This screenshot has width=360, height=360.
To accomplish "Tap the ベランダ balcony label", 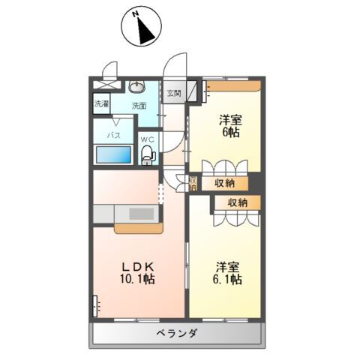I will coord(177,333).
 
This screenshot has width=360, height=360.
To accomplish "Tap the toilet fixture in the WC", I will coord(148,154).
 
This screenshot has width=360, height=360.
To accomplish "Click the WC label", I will coord(148,137).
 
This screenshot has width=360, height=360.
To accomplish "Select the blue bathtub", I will coord(114,155).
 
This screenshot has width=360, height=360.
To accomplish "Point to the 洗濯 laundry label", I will coord(101,105).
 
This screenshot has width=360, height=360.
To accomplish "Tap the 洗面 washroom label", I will coord(139,106).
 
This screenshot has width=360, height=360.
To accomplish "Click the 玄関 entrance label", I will coord(174,93).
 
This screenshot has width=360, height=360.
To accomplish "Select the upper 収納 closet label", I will coord(225,181).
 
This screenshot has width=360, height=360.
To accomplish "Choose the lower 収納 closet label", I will coord(238,202).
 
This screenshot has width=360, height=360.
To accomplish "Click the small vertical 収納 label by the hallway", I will coord(193,182).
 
